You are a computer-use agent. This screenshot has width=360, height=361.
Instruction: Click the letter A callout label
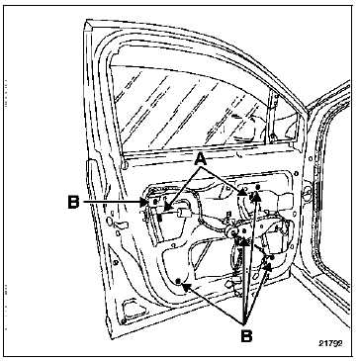(200, 160)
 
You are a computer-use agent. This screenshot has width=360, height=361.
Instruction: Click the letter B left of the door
(74, 202)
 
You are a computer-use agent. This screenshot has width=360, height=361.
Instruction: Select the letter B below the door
(246, 336)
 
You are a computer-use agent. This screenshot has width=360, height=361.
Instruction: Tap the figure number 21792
(330, 343)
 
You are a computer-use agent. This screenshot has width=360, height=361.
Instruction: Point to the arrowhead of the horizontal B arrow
(143, 202)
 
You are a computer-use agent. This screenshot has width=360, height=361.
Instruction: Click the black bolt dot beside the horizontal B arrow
(154, 202)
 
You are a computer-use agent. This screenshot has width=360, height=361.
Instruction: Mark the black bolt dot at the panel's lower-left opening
(178, 281)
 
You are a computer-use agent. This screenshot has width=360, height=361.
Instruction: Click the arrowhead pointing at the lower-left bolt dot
(187, 287)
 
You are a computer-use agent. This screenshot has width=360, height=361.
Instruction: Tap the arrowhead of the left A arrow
(167, 208)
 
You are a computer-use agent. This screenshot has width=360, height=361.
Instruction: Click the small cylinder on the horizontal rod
(183, 213)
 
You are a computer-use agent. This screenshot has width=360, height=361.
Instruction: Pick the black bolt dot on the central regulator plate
(244, 231)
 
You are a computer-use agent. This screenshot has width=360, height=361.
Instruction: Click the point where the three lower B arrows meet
(244, 320)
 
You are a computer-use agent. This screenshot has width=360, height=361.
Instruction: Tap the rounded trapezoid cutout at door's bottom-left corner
(133, 308)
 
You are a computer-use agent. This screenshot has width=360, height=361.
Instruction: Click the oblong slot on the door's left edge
(121, 226)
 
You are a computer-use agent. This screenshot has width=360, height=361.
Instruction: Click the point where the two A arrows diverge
(201, 168)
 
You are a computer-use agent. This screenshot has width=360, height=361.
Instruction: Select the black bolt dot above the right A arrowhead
(258, 187)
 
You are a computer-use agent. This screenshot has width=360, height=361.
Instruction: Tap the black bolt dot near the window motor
(272, 256)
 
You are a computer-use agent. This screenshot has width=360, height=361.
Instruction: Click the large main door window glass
(188, 109)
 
